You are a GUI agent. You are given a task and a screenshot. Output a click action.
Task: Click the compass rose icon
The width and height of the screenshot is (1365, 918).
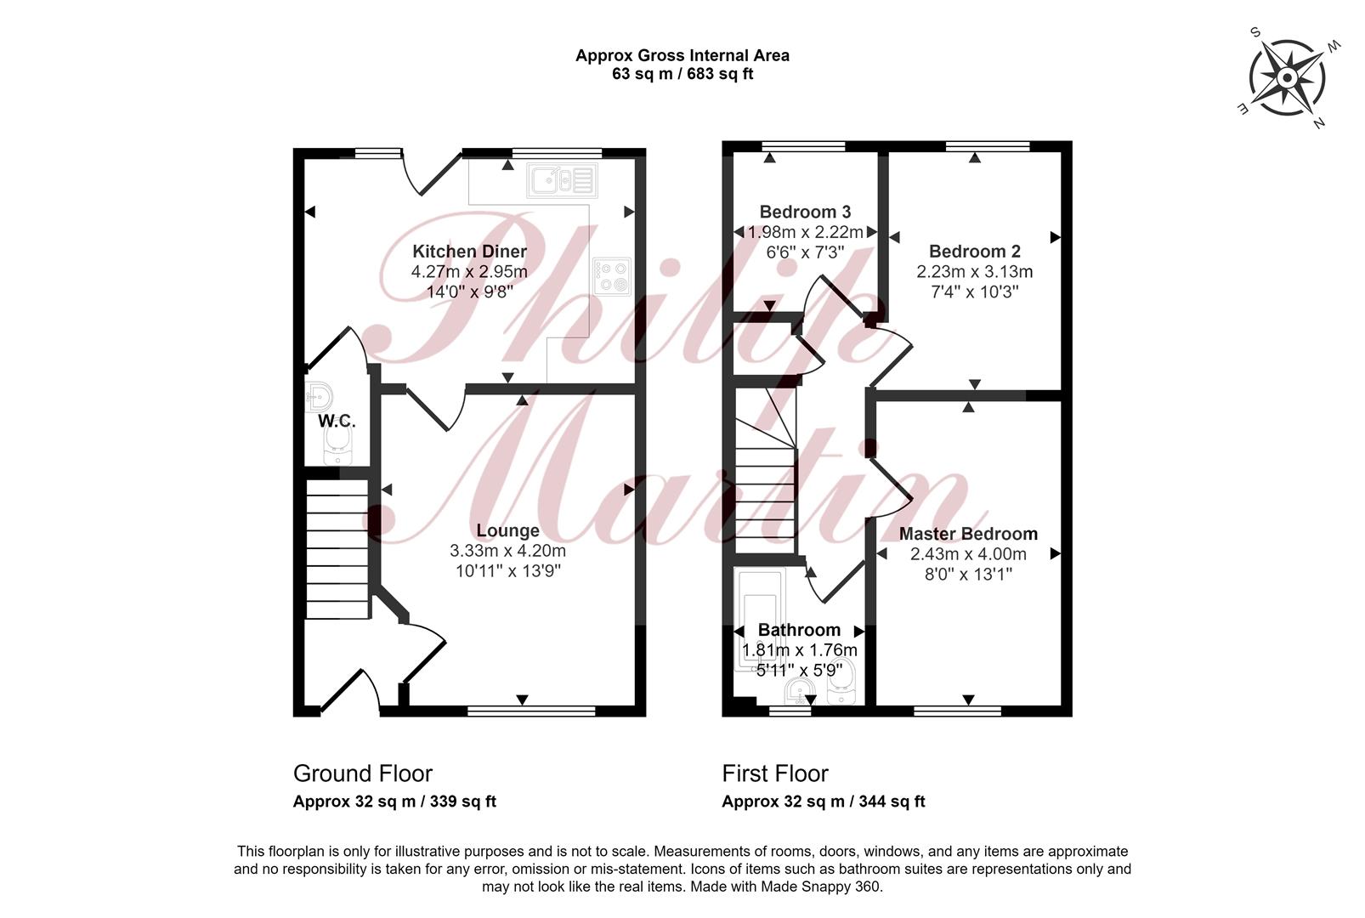1287,78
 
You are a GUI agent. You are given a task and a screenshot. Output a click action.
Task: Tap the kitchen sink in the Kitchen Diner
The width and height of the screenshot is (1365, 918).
562,180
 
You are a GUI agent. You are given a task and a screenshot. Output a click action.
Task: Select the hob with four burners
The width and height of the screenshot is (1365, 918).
613,277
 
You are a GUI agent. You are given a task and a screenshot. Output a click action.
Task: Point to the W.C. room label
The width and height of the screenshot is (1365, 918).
337,422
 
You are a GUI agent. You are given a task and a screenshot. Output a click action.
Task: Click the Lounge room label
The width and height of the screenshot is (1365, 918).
507,530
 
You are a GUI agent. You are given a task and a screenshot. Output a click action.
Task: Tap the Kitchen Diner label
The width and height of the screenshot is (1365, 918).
469,251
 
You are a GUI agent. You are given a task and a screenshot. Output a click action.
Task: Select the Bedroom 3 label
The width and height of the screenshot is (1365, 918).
805,212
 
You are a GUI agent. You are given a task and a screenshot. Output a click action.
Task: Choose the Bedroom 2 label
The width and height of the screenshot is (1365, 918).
974,251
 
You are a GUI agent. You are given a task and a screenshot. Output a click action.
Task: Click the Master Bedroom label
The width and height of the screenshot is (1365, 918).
968,534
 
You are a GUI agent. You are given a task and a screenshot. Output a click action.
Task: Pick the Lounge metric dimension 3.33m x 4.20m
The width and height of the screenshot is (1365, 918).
507,551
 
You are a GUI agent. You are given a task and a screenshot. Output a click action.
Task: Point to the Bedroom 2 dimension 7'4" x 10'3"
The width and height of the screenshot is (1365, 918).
974,292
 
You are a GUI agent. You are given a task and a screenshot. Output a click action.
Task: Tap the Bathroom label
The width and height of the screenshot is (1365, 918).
799,630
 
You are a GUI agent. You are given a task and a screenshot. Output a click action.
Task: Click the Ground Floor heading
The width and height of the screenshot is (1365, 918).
363,773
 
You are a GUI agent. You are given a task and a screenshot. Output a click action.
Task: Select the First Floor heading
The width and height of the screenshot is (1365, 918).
775,773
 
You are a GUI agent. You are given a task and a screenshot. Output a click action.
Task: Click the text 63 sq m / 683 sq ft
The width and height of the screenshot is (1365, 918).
682,74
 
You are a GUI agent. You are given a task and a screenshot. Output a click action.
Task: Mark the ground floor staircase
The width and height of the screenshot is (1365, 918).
337,548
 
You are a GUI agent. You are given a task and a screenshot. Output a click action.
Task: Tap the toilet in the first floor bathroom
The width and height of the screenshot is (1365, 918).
842,682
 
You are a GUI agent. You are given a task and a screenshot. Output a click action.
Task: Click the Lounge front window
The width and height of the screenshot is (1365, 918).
530,710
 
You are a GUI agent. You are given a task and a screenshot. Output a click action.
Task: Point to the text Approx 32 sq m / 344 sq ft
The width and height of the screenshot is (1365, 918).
824,801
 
